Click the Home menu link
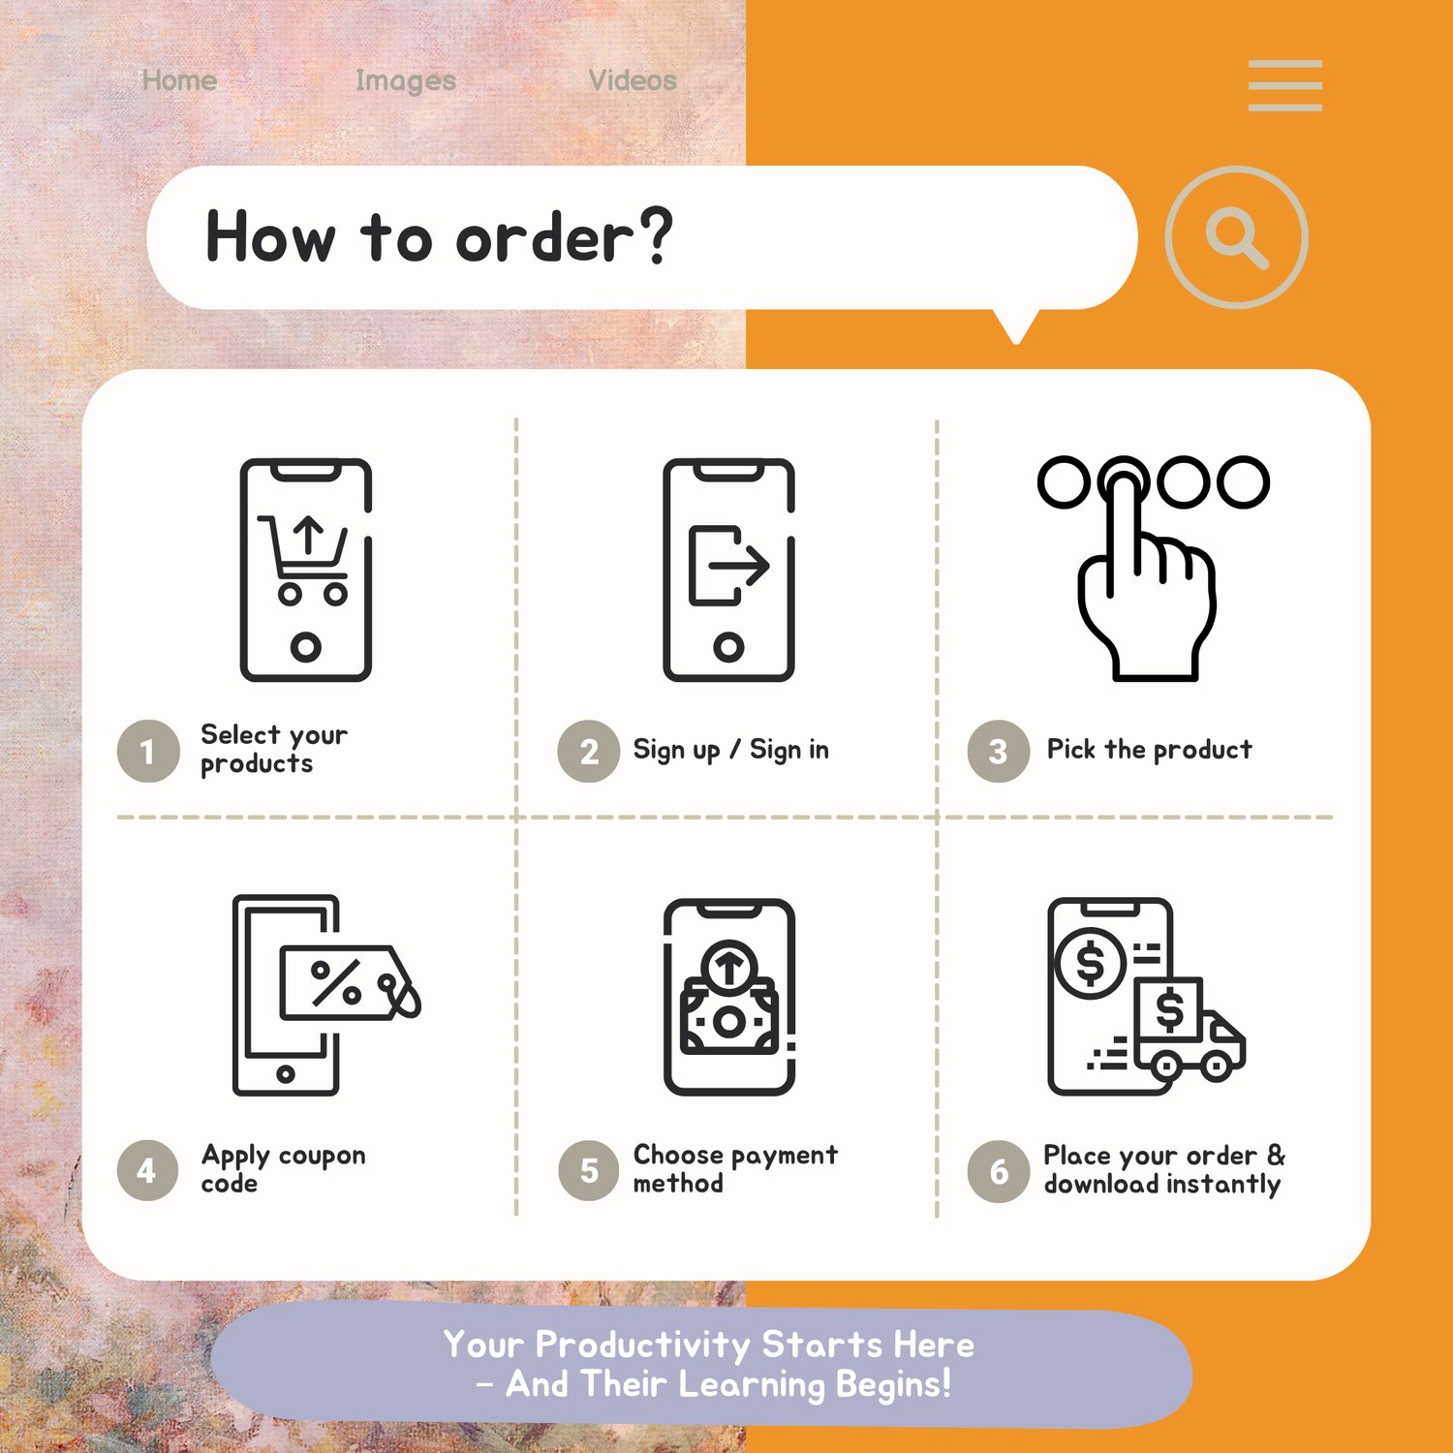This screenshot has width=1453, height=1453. pos(179,80)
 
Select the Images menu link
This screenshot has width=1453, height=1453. pos(405,81)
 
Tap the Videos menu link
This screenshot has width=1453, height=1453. pos(633,80)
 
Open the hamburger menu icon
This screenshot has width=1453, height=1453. pos(1284,85)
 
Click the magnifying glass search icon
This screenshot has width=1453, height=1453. pos(1237,237)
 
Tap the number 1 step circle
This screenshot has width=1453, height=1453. pos(148,751)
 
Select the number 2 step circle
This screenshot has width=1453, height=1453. pos(588,751)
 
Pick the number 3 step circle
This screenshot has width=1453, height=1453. pos(998,751)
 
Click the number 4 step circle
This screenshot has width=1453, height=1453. pos(148,1170)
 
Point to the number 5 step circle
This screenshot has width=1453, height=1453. pos(588,1170)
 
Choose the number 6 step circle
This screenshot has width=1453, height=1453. pos(998,1171)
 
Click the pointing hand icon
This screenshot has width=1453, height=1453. pos(1147,580)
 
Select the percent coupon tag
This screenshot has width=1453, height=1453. pos(349,982)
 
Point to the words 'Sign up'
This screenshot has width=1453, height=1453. pos(676,750)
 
